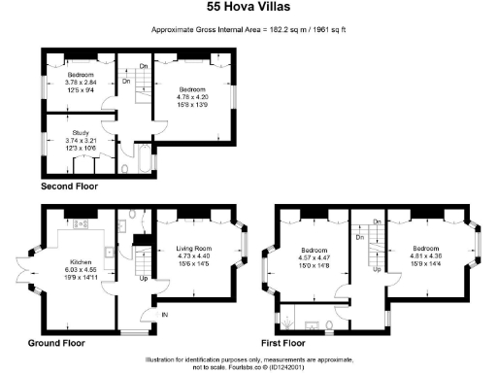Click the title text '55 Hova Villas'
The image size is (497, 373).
click(248, 7)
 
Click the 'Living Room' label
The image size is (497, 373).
click(196, 248)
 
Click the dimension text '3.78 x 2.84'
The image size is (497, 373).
click(79, 83)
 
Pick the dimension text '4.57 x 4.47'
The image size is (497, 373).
click(316, 254)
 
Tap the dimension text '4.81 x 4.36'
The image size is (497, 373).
click(428, 254)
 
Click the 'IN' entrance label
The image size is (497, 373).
click(163, 315)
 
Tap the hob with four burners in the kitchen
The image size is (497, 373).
click(80, 223)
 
